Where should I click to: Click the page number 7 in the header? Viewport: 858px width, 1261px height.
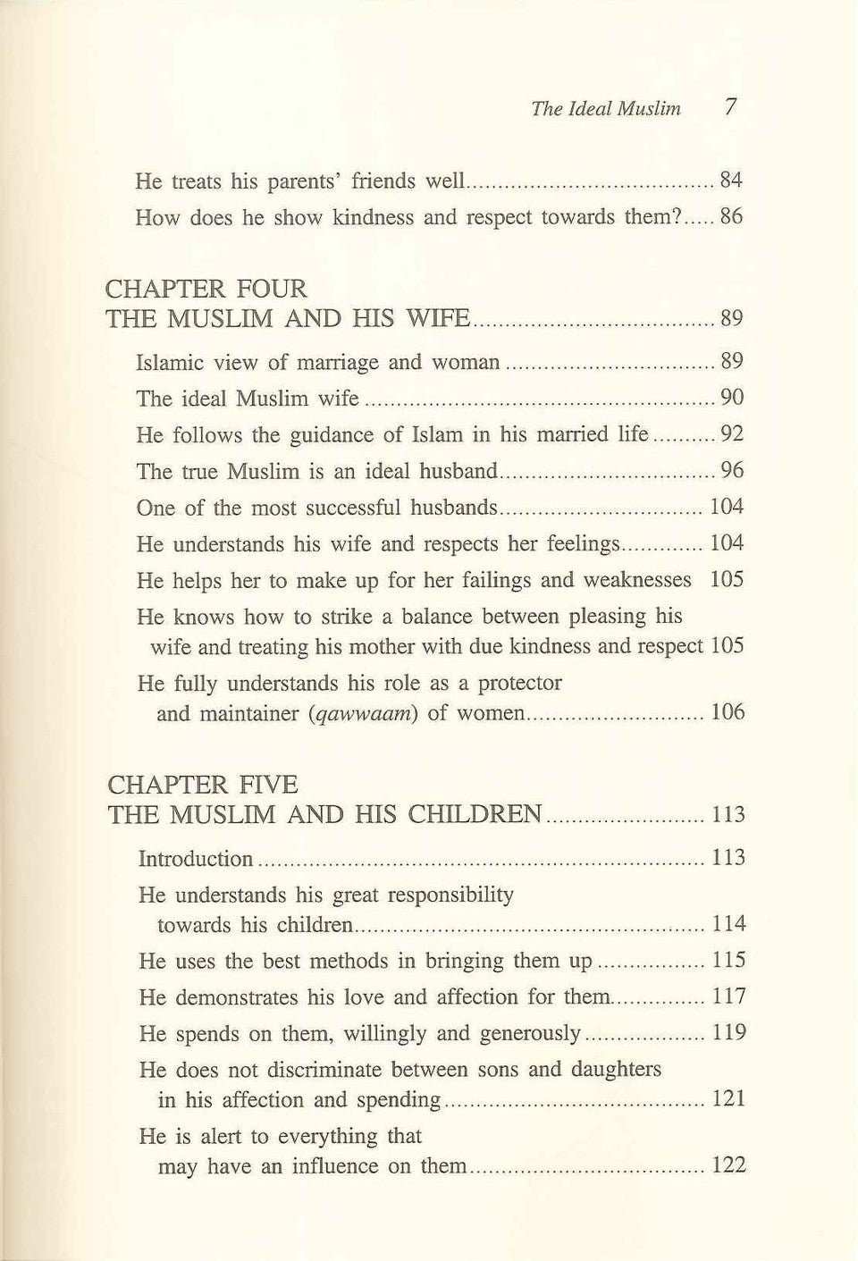[x=731, y=107]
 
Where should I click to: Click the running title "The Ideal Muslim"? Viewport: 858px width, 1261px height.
[x=605, y=109]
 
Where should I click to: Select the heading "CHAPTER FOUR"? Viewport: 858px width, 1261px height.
[x=206, y=289]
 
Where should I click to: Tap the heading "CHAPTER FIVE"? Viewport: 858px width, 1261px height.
[x=202, y=785]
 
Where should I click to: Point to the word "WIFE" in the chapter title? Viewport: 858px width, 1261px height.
[x=437, y=319]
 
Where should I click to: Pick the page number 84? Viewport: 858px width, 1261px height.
[x=731, y=181]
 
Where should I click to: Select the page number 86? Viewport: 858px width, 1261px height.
[x=731, y=217]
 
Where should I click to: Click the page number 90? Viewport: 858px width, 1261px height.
[x=732, y=399]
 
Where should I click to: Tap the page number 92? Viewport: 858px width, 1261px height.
[x=732, y=435]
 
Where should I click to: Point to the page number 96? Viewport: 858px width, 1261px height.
[x=732, y=471]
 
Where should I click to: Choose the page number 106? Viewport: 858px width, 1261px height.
[x=727, y=713]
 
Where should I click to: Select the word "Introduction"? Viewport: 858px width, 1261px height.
[x=197, y=860]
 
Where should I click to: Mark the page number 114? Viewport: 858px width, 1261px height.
[x=728, y=924]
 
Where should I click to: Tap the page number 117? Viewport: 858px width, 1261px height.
[x=728, y=997]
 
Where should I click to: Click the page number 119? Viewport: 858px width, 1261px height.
[x=728, y=1034]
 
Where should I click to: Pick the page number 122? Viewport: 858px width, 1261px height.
[x=728, y=1166]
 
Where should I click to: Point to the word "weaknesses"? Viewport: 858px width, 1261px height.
[x=637, y=581]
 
